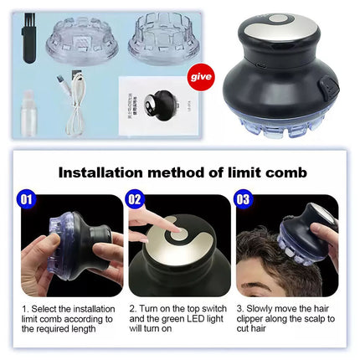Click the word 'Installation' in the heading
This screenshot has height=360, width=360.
click(x=100, y=173)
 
